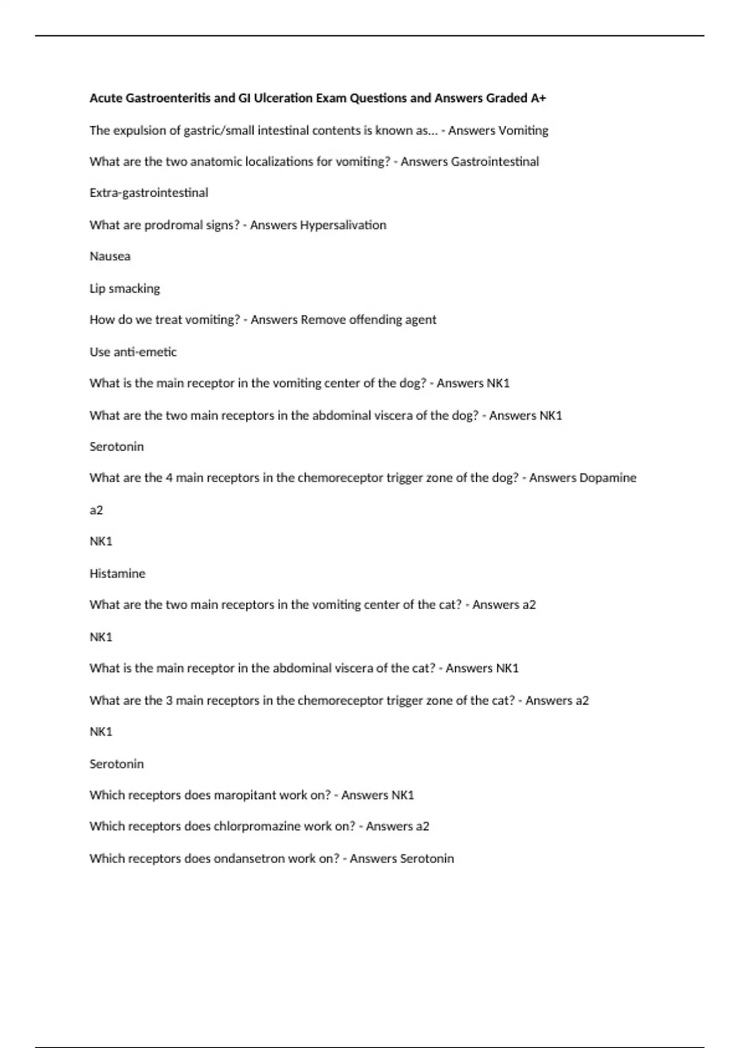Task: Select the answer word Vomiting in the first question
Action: pyautogui.click(x=523, y=131)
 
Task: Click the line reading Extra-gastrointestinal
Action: pyautogui.click(x=149, y=193)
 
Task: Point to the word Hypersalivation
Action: pyautogui.click(x=343, y=225)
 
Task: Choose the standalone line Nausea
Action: pyautogui.click(x=110, y=256)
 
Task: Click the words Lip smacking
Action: pyautogui.click(x=125, y=289)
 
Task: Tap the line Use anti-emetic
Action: pyautogui.click(x=133, y=352)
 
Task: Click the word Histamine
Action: pyautogui.click(x=117, y=573)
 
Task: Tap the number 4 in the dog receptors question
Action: pyautogui.click(x=169, y=478)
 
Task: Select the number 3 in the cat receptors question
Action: pyautogui.click(x=169, y=701)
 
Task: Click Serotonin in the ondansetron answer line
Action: pyautogui.click(x=427, y=859)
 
